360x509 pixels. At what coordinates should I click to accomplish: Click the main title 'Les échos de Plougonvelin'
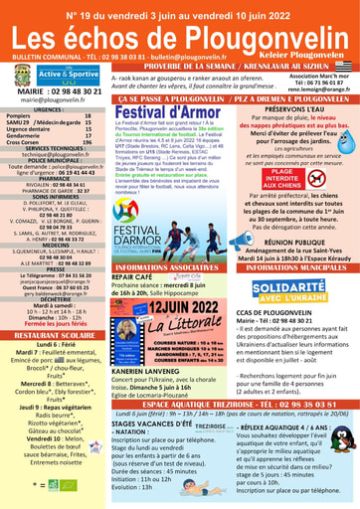179,34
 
